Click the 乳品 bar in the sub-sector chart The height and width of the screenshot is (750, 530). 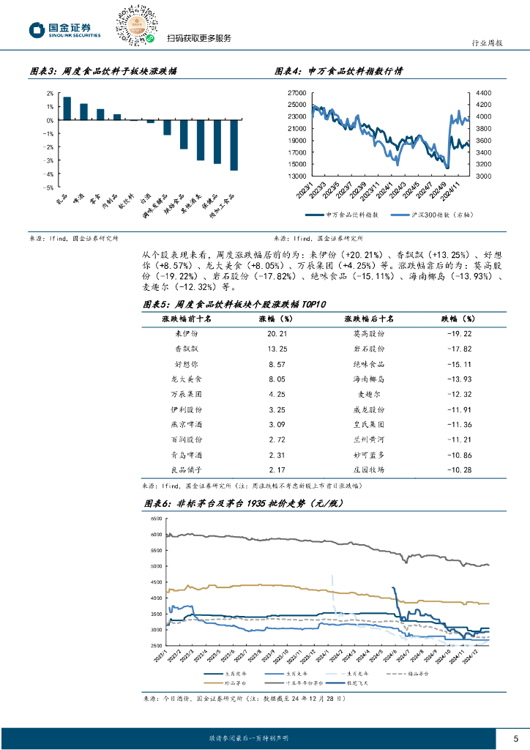(67, 108)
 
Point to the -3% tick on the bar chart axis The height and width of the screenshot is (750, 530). (50, 160)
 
